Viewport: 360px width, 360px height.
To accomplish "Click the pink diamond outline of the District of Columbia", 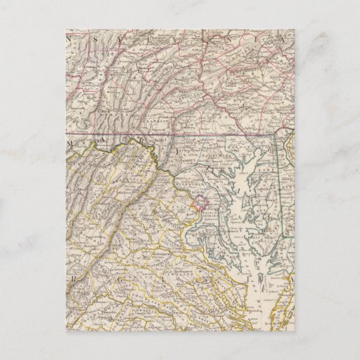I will click(201, 202).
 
